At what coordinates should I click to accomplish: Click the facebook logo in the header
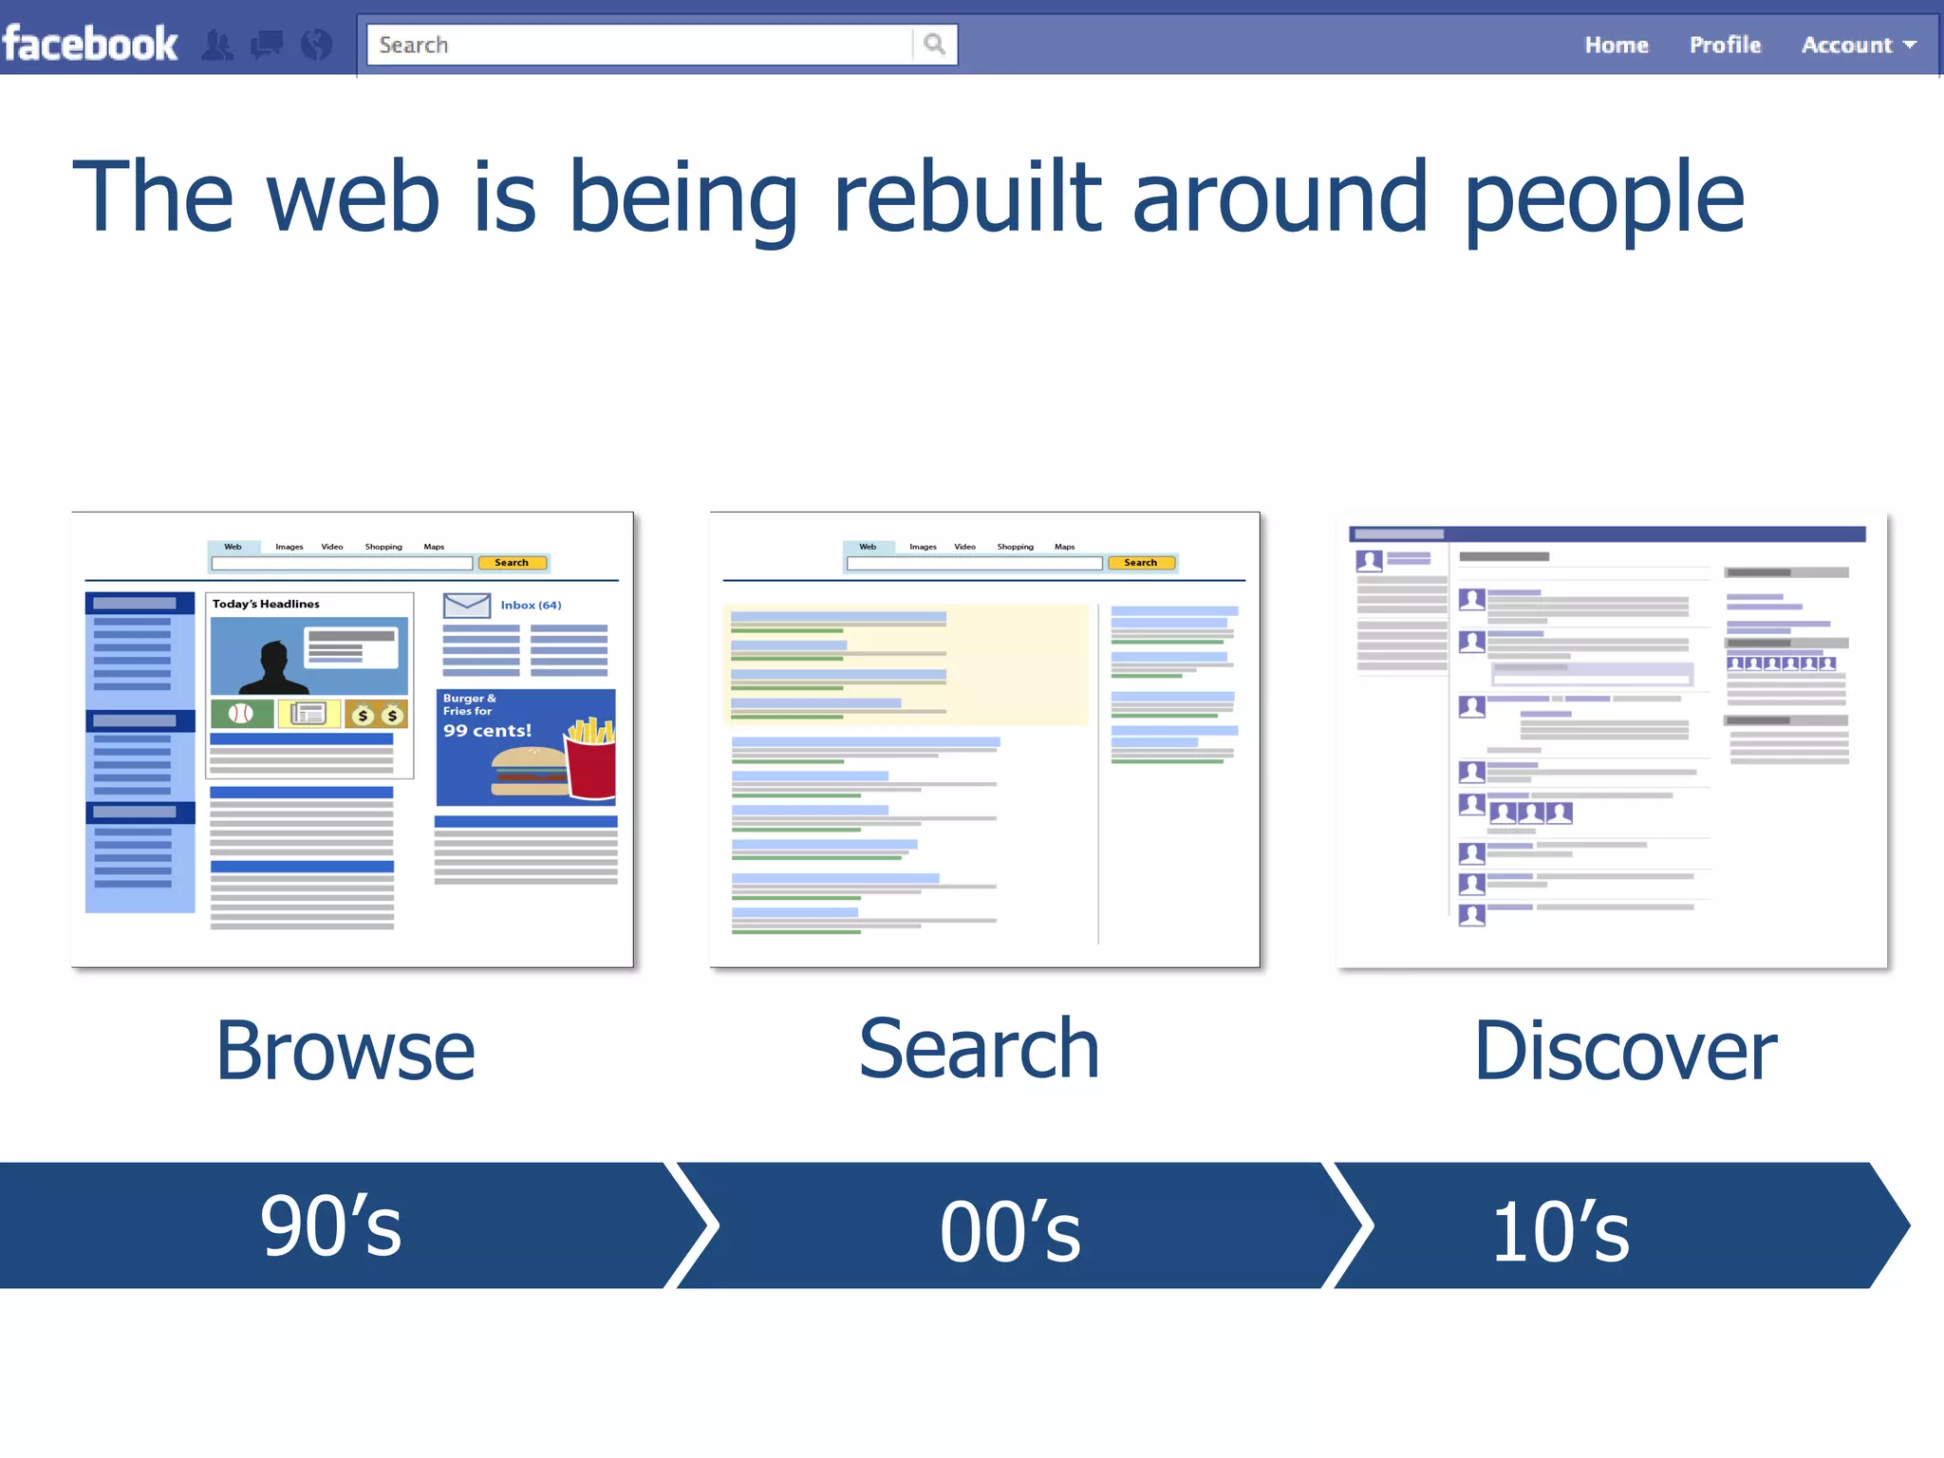[x=90, y=44]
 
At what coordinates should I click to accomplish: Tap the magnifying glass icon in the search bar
[x=934, y=44]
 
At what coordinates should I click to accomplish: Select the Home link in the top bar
[x=1616, y=45]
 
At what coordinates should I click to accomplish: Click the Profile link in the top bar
[x=1725, y=45]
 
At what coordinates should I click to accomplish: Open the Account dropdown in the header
[x=1858, y=45]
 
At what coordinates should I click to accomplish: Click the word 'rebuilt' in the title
[x=966, y=196]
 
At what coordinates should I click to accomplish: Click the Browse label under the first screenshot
[x=345, y=1051]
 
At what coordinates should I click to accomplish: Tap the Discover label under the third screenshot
[x=1624, y=1051]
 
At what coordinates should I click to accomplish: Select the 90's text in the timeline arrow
[x=330, y=1226]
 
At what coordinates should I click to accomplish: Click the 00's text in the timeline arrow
[x=1010, y=1231]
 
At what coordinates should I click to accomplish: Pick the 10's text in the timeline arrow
[x=1561, y=1231]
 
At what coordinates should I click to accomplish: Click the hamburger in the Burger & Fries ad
[x=529, y=772]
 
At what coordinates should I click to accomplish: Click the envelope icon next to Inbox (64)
[x=466, y=606]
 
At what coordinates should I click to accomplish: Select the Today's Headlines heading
[x=266, y=604]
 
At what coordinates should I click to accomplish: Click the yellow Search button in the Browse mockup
[x=512, y=563]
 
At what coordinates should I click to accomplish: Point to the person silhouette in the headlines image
[x=273, y=667]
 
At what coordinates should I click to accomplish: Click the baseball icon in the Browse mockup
[x=241, y=714]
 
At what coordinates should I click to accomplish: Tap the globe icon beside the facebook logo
[x=316, y=44]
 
